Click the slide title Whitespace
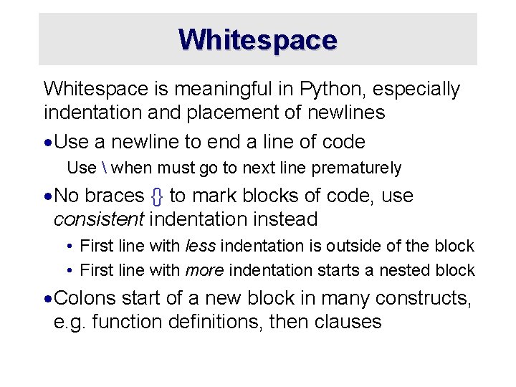point(258,39)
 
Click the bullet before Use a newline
point(47,142)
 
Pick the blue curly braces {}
point(156,196)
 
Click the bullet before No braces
point(47,196)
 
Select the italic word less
point(201,247)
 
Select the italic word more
point(205,270)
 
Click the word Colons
point(86,297)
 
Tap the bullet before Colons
point(47,298)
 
